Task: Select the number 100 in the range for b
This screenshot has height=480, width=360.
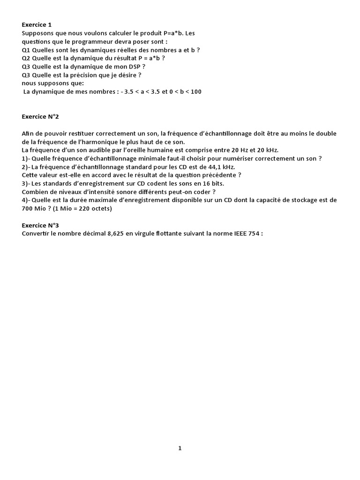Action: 196,91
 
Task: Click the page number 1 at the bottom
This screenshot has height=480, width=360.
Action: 180,448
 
